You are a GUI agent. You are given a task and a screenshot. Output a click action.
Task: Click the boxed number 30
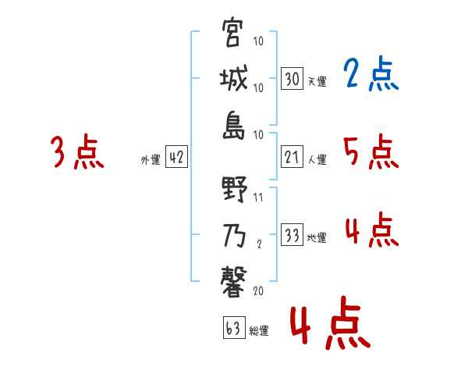pos(291,78)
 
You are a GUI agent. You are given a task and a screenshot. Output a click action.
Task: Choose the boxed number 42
pos(176,158)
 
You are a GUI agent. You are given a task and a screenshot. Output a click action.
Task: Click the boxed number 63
pos(232,329)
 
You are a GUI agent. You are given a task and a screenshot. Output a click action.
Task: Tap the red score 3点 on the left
pos(77,151)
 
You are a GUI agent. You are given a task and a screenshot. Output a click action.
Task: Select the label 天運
pos(317,81)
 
